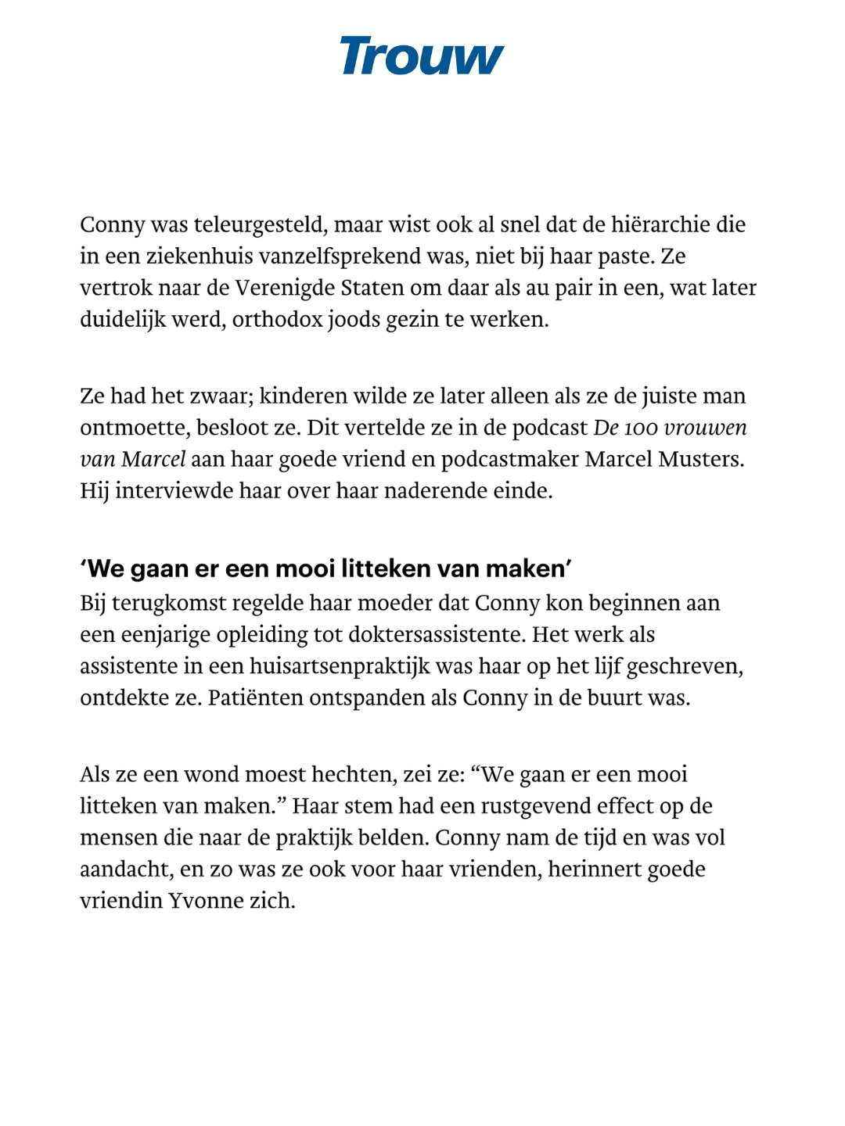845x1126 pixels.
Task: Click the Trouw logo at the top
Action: tap(422, 56)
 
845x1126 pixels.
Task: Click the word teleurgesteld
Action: tap(261, 225)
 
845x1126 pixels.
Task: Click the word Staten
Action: tap(373, 288)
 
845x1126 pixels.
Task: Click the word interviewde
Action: tap(167, 491)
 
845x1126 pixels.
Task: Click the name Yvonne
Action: tap(206, 901)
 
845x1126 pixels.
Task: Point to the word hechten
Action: tap(354, 775)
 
